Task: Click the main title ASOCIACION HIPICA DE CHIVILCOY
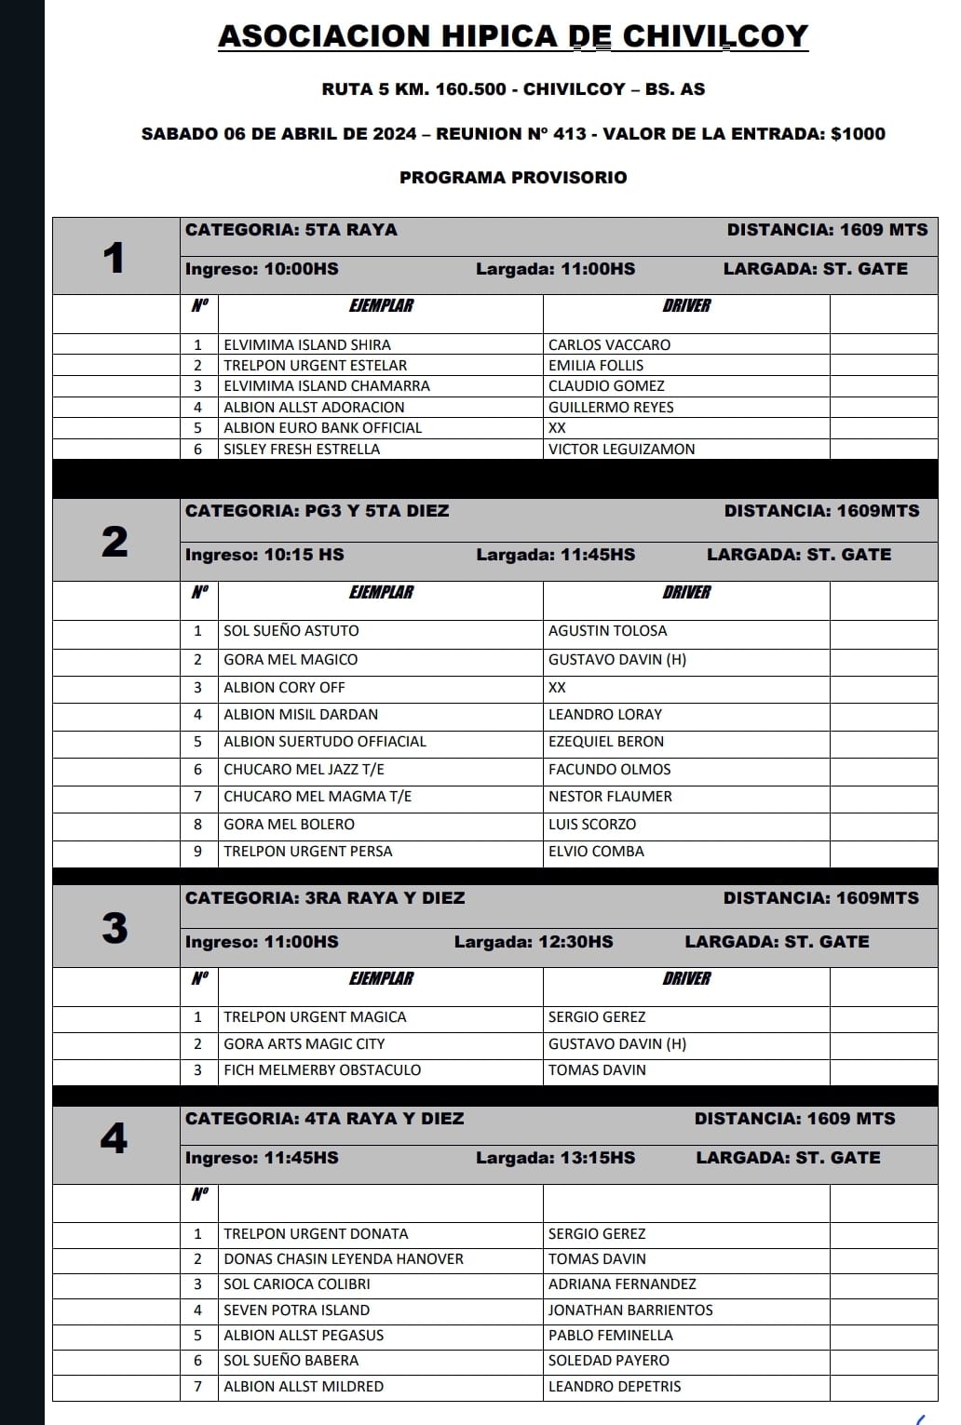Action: coord(513,36)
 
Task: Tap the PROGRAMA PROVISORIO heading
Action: coord(513,177)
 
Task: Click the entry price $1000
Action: coord(858,133)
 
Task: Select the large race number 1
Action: coord(114,258)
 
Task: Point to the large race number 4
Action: coord(114,1138)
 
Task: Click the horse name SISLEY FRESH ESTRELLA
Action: coord(302,449)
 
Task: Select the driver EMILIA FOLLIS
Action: coord(596,365)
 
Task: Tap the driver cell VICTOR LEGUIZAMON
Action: coord(621,449)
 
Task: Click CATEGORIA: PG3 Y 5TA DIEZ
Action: coord(317,511)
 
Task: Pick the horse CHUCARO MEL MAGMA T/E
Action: coord(318,796)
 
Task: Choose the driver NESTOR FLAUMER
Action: coord(610,796)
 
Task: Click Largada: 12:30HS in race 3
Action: coord(534,942)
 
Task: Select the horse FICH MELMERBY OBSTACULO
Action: coord(322,1069)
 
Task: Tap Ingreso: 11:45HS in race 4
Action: coord(262,1158)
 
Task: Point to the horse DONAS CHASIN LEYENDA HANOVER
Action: coord(344,1258)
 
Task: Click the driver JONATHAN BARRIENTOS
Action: coord(630,1310)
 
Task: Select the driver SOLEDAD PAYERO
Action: coord(609,1360)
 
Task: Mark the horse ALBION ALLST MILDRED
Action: coord(304,1386)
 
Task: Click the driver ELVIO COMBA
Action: coord(596,851)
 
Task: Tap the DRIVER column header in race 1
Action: coord(686,305)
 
